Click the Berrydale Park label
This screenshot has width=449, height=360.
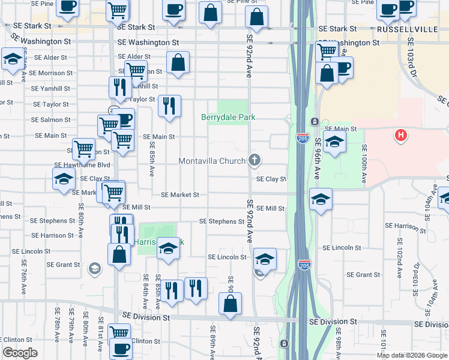(228, 117)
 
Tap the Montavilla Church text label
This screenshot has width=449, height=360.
(212, 161)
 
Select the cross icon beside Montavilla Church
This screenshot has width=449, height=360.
(255, 160)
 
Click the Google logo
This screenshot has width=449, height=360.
(20, 353)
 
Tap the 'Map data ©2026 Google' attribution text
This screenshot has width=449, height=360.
(412, 355)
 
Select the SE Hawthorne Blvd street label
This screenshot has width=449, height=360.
(82, 164)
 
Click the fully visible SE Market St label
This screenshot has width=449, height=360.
(179, 195)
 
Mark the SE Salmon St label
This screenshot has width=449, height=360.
(52, 120)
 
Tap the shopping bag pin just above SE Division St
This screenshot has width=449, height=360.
(231, 304)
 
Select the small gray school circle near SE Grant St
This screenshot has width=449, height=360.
(94, 268)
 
